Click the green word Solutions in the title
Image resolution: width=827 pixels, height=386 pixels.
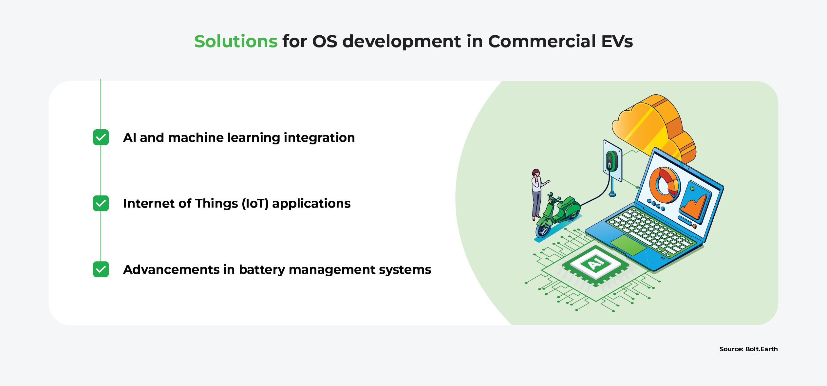coord(236,42)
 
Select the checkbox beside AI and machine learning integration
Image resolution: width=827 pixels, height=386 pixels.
coord(101,138)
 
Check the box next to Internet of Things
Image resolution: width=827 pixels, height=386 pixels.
coord(101,203)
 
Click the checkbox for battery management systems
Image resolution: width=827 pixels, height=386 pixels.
coord(101,269)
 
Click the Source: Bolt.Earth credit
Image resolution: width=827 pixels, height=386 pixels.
coord(748,349)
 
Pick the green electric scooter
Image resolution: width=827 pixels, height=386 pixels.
coord(558,214)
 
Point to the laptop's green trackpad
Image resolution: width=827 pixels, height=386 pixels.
coord(628,245)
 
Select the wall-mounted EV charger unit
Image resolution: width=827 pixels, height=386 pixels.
coord(611,160)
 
